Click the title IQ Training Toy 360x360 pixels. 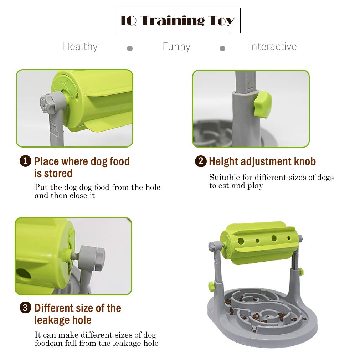[x=178, y=21]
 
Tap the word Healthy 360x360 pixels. [x=80, y=47]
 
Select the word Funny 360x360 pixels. [x=176, y=47]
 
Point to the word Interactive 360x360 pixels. [x=273, y=46]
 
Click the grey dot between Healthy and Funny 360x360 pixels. [x=130, y=48]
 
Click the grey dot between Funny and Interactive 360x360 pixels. [x=222, y=48]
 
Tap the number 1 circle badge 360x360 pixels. [x=25, y=161]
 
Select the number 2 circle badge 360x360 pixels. [x=201, y=161]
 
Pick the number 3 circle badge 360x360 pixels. [x=25, y=307]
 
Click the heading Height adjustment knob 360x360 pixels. [x=262, y=161]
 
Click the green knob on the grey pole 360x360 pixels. [x=263, y=104]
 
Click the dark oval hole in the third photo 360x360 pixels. [x=24, y=274]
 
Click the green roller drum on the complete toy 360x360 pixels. [x=259, y=243]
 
